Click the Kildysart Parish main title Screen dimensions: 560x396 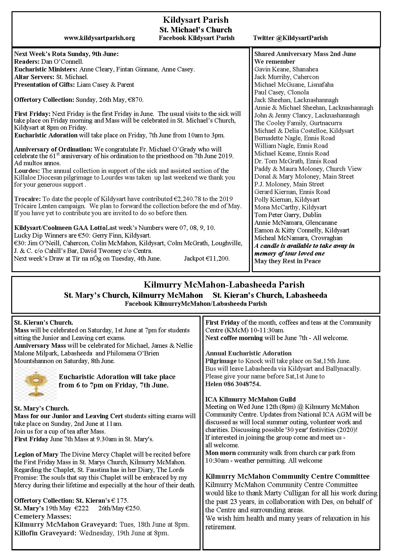click(196, 20)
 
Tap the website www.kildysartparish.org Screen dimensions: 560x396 click(99, 38)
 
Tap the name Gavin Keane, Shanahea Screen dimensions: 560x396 click(286, 69)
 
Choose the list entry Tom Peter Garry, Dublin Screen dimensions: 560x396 click(288, 215)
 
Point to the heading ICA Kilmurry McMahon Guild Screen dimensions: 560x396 click(251, 399)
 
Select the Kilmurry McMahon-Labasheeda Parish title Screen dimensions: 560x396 click(224, 285)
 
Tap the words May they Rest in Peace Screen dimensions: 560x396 click(287, 261)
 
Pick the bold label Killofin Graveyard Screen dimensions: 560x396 click(45, 533)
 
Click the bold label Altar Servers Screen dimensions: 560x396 click(34, 77)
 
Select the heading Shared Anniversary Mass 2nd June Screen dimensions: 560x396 click(305, 54)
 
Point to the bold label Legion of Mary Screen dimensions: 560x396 click(36, 454)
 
